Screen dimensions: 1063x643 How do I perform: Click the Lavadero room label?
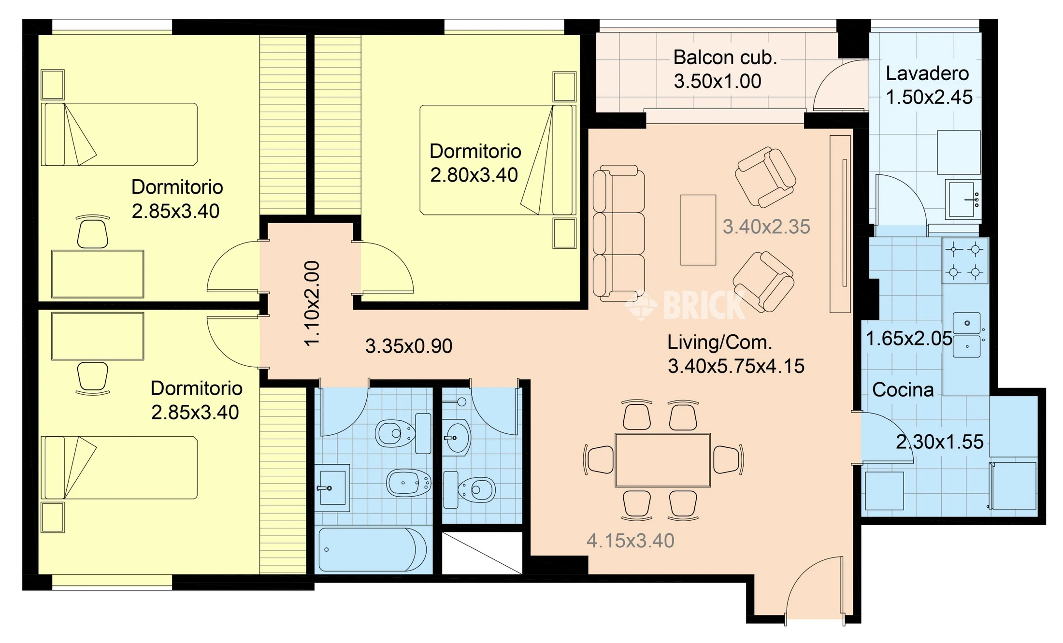click(927, 73)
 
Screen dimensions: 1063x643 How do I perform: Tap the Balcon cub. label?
click(725, 57)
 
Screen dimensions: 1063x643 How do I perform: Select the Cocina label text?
click(903, 389)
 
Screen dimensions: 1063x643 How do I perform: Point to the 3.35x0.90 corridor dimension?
click(409, 346)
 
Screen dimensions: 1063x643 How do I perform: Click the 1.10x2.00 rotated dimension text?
click(312, 303)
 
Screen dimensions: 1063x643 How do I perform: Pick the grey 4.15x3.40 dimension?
click(630, 541)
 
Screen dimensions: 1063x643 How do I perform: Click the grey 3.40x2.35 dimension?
click(766, 227)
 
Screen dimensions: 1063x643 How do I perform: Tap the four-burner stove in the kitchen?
click(965, 261)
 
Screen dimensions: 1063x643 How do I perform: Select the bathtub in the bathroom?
click(373, 550)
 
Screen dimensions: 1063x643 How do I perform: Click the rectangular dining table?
click(662, 460)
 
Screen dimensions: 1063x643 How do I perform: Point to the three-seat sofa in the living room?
click(618, 233)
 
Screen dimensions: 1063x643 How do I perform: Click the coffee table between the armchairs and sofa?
click(698, 230)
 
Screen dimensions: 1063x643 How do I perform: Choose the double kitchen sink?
click(966, 335)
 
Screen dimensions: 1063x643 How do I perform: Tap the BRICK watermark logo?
click(685, 304)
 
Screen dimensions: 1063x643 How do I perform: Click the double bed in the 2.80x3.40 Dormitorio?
click(498, 160)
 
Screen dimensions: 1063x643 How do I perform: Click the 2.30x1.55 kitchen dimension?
click(940, 442)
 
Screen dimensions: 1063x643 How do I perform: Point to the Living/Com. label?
click(719, 343)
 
